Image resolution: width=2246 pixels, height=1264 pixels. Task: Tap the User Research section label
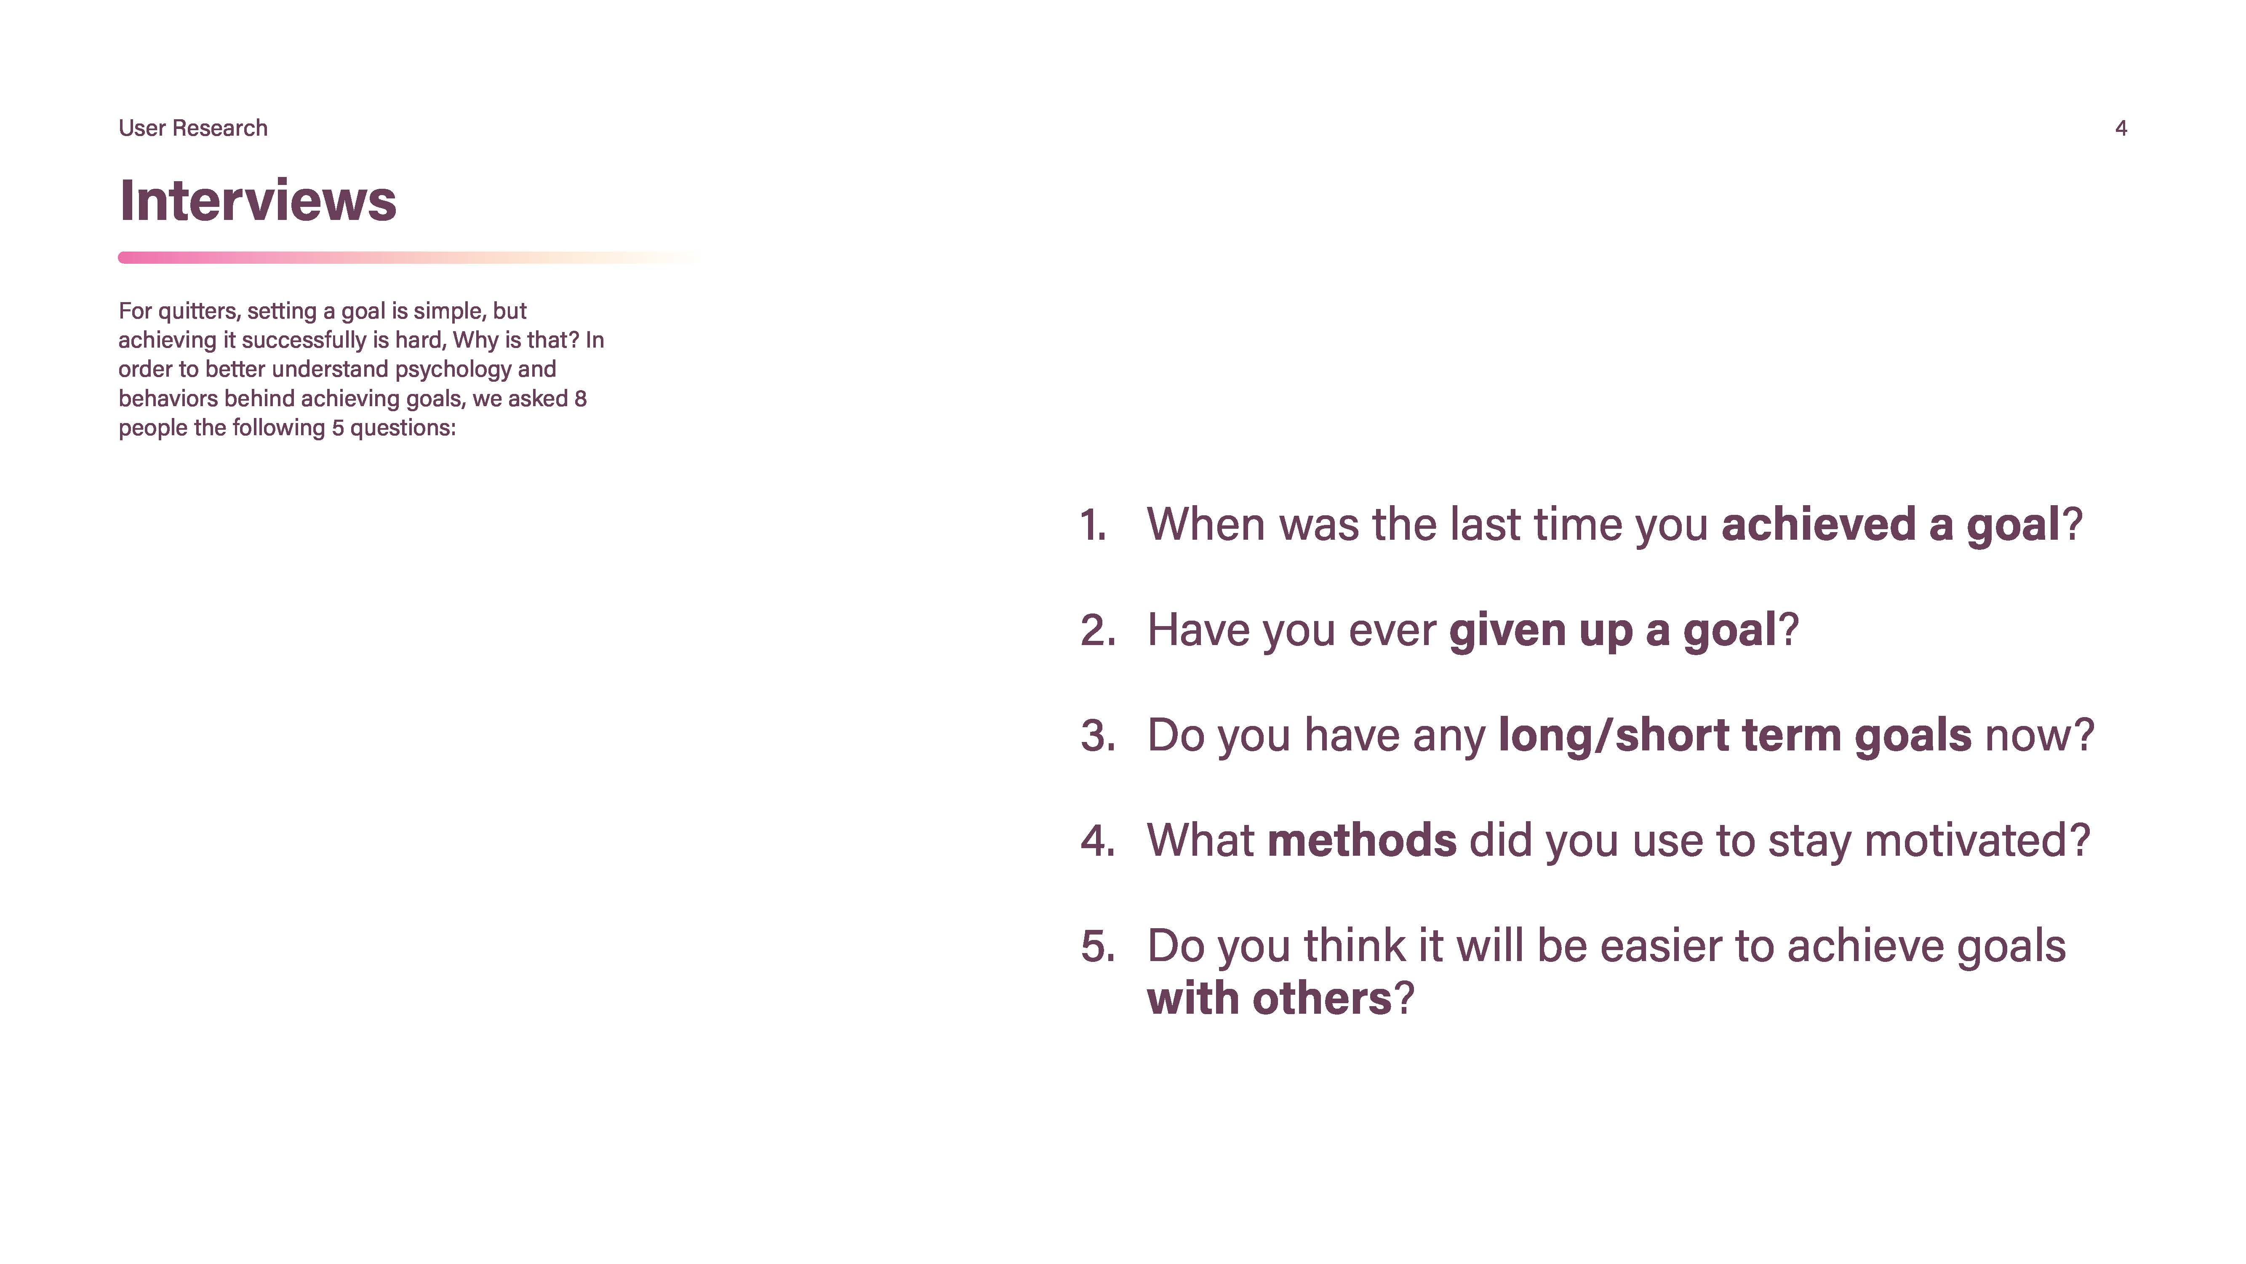tap(193, 128)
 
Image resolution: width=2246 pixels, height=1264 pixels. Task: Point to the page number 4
tap(2121, 128)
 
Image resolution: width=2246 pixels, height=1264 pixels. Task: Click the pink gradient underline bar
tap(410, 257)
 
